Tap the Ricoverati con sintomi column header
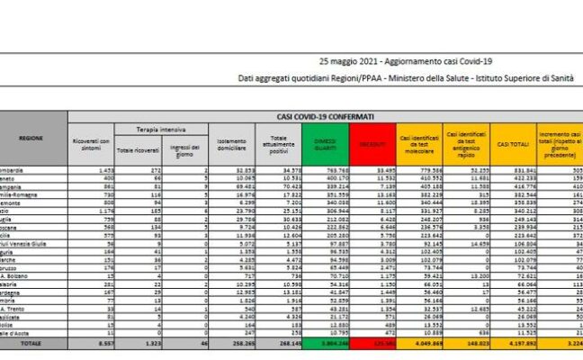(x=91, y=144)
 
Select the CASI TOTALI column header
(x=512, y=144)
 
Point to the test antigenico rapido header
(x=465, y=144)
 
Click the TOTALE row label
(x=32, y=343)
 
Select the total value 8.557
(x=100, y=343)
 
